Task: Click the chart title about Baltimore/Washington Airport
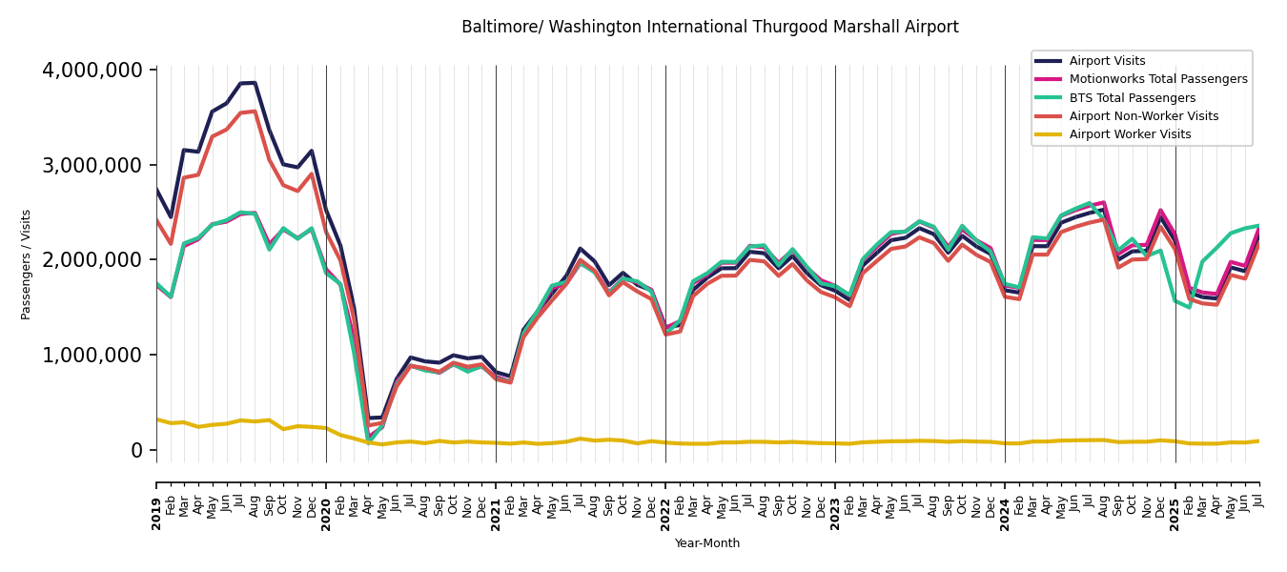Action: point(709,28)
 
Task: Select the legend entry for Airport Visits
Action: point(1107,61)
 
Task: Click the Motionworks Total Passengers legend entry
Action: point(1157,79)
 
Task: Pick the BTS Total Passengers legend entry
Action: point(1132,98)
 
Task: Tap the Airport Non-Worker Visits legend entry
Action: point(1143,116)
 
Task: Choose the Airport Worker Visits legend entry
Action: point(1130,134)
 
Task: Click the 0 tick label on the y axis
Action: point(137,450)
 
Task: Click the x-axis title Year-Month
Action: point(706,543)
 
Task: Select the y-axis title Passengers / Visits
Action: point(27,264)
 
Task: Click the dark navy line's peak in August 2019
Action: point(255,83)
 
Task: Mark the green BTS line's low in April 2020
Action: point(368,441)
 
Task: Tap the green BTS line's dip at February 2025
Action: point(1189,307)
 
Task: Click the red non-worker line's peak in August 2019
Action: point(255,112)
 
